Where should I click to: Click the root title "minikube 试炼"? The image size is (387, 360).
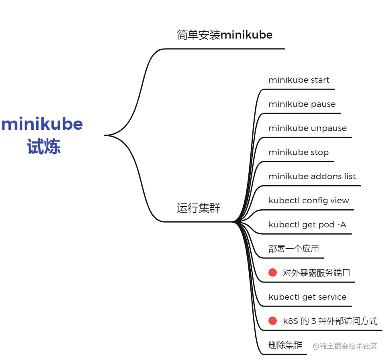click(43, 135)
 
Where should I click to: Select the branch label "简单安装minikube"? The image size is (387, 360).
click(224, 35)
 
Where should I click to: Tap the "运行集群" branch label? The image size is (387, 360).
click(198, 208)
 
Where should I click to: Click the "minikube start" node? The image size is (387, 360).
click(299, 80)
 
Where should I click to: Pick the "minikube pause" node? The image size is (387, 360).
click(302, 104)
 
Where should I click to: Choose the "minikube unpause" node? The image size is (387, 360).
click(307, 128)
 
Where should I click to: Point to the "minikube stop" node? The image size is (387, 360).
click(298, 152)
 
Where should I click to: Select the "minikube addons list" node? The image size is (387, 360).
click(312, 176)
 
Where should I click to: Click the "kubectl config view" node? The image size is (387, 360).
click(309, 200)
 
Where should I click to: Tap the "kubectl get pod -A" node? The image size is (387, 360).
click(307, 225)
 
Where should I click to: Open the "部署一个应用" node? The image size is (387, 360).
click(293, 249)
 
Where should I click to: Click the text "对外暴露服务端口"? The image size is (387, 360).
click(316, 273)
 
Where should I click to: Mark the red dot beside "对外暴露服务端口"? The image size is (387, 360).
click(273, 272)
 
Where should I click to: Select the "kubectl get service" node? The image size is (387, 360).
click(307, 297)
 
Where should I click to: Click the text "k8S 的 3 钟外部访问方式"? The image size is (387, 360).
click(330, 321)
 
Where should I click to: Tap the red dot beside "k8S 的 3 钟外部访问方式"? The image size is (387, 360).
click(273, 321)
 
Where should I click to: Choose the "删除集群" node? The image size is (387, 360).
click(285, 345)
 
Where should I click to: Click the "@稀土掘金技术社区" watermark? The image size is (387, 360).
click(345, 346)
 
